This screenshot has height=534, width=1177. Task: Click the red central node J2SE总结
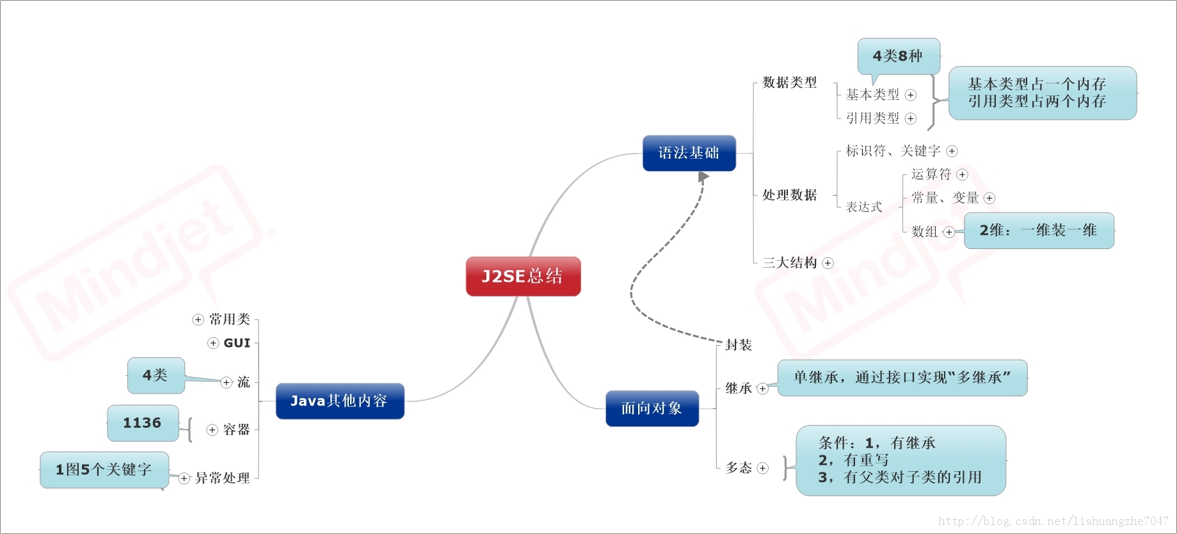coord(523,277)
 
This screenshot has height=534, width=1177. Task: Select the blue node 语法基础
coord(689,153)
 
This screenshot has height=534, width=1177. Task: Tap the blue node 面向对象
coord(652,409)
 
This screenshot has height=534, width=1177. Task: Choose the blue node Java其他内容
coord(339,401)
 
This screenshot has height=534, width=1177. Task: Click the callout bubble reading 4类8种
coord(898,56)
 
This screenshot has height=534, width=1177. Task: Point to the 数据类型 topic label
coord(790,83)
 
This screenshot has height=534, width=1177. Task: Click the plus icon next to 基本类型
coord(911,95)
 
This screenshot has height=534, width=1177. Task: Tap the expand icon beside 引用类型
coord(911,118)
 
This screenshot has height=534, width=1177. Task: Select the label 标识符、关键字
coord(893,151)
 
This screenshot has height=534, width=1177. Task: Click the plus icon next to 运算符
coord(962,175)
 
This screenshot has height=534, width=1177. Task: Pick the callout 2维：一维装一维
coord(1038,231)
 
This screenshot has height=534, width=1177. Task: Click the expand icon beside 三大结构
coord(828,263)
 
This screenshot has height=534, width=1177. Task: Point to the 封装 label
coord(738,345)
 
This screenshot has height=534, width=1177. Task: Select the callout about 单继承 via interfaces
coord(902,378)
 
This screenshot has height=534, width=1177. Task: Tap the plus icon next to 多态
coord(762,469)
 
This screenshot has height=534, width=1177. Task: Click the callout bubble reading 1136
coord(142,423)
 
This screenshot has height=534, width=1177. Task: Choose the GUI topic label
coord(237,343)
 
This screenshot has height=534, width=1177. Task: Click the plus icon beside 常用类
coord(198,320)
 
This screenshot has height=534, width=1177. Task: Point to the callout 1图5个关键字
coord(104,470)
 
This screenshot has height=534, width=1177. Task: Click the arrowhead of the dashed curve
coord(703,177)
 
